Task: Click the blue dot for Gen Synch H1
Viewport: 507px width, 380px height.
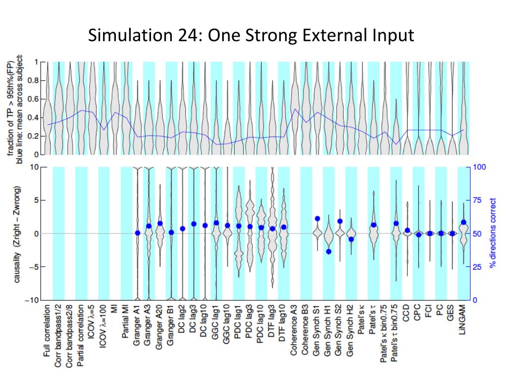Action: (328, 251)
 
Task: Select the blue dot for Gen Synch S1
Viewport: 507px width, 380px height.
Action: (317, 219)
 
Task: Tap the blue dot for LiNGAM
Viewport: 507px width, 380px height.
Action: (463, 222)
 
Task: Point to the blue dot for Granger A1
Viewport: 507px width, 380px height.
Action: (138, 233)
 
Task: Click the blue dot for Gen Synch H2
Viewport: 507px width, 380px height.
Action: (351, 239)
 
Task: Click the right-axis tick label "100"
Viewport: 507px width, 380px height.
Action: (479, 167)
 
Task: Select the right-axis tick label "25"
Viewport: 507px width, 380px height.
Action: (477, 267)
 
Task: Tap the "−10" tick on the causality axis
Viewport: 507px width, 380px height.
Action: (32, 300)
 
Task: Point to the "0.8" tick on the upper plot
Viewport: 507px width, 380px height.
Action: (36, 80)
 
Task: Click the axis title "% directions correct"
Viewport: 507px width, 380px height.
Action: (492, 234)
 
